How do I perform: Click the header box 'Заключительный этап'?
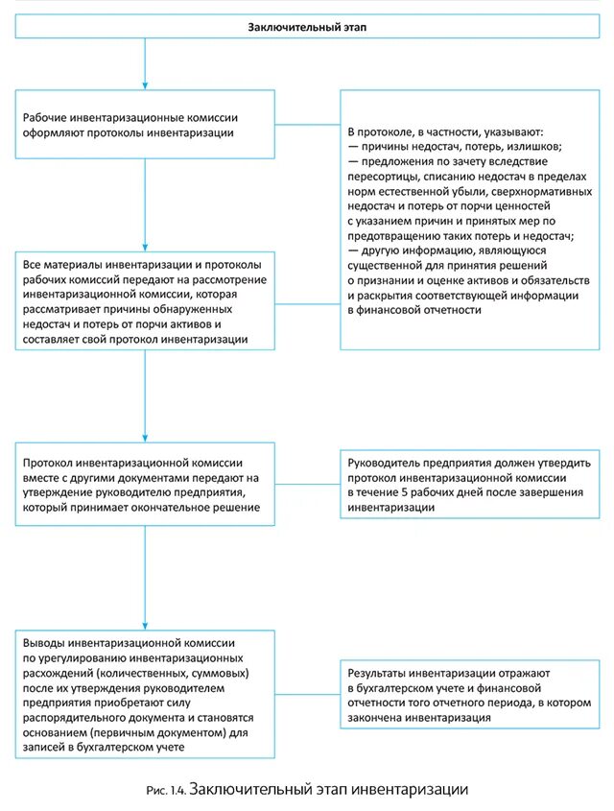[307, 27]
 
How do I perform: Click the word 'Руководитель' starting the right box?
[386, 462]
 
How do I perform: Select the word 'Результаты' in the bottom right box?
[380, 674]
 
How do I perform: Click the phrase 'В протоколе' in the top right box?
[380, 131]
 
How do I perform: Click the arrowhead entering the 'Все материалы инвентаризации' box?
[145, 244]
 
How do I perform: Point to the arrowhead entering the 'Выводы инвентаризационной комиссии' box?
[145, 624]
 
